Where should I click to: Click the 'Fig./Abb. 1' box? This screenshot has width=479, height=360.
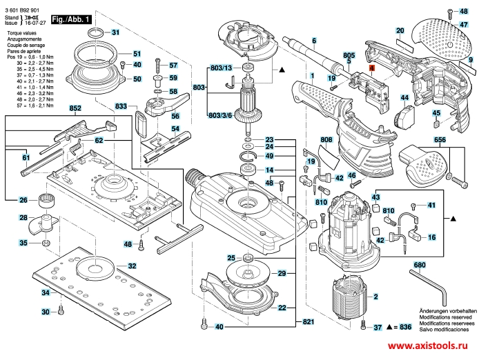tap(72, 21)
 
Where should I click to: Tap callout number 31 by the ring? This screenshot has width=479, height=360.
tap(115, 33)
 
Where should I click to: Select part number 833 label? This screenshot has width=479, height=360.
tap(121, 106)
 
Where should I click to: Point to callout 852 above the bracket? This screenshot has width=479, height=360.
tap(75, 109)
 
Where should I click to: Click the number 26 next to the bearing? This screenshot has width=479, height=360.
tap(23, 200)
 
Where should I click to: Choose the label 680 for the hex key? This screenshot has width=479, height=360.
tap(419, 266)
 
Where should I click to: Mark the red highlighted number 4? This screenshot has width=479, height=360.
tap(371, 68)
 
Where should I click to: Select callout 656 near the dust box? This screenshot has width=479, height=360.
tap(440, 139)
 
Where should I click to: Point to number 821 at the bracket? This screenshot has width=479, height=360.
tap(309, 323)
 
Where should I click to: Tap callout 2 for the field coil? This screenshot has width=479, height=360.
tap(376, 297)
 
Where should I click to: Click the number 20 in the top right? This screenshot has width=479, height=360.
tap(400, 31)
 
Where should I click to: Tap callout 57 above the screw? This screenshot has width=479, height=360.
tap(174, 65)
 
